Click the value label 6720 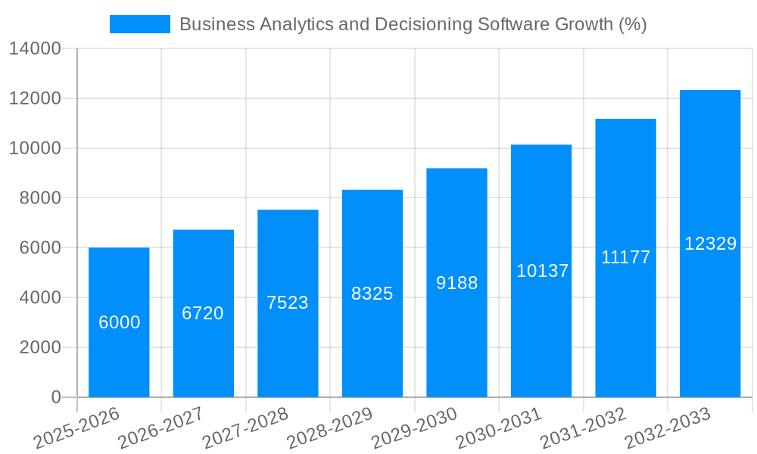(x=203, y=313)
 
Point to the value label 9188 (x=457, y=283)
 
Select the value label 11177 (x=626, y=257)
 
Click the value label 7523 (x=288, y=303)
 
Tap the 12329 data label (x=710, y=244)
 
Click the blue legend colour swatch (x=140, y=24)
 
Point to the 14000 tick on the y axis (x=35, y=49)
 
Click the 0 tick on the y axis (x=55, y=397)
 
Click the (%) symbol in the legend (x=632, y=24)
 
